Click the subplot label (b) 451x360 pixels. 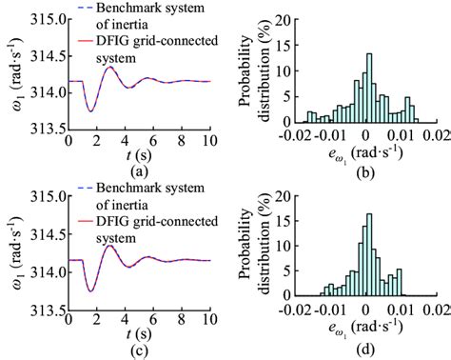pyautogui.click(x=365, y=172)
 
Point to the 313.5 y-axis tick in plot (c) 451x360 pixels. pyautogui.click(x=45, y=309)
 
